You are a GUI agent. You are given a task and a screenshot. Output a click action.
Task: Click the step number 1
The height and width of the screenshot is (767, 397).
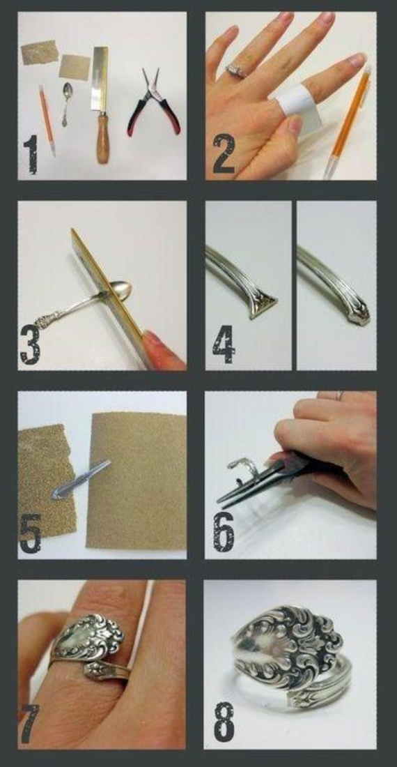(x=30, y=155)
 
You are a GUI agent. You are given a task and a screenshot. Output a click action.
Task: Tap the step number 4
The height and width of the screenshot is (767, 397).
(x=224, y=344)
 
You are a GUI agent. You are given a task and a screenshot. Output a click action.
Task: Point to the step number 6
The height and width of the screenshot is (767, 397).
(x=223, y=532)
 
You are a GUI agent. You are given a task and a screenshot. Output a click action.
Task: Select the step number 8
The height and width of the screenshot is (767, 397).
(x=224, y=722)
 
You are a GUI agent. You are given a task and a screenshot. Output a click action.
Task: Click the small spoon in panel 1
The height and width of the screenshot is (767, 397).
(x=66, y=103)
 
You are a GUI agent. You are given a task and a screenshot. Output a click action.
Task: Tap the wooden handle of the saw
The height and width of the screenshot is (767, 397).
(x=102, y=138)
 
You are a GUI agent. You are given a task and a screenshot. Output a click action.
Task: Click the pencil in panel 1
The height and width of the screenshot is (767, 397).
(x=47, y=121)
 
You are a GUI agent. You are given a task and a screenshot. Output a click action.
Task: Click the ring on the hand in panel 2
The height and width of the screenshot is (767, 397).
(x=236, y=70)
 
